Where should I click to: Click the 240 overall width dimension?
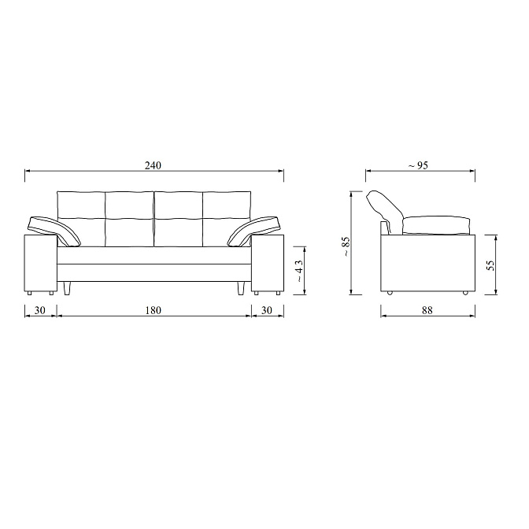pyautogui.click(x=154, y=165)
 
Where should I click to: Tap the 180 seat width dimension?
pyautogui.click(x=154, y=310)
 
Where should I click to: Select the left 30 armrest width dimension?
pyautogui.click(x=40, y=310)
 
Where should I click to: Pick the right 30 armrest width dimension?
pyautogui.click(x=267, y=310)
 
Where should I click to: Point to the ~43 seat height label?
pyautogui.click(x=299, y=271)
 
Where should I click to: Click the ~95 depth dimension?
pyautogui.click(x=418, y=165)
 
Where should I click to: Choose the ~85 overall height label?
pyautogui.click(x=346, y=246)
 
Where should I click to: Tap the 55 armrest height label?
pyautogui.click(x=491, y=264)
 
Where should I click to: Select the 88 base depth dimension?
pyautogui.click(x=427, y=310)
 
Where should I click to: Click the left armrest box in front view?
pyautogui.click(x=40, y=263)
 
